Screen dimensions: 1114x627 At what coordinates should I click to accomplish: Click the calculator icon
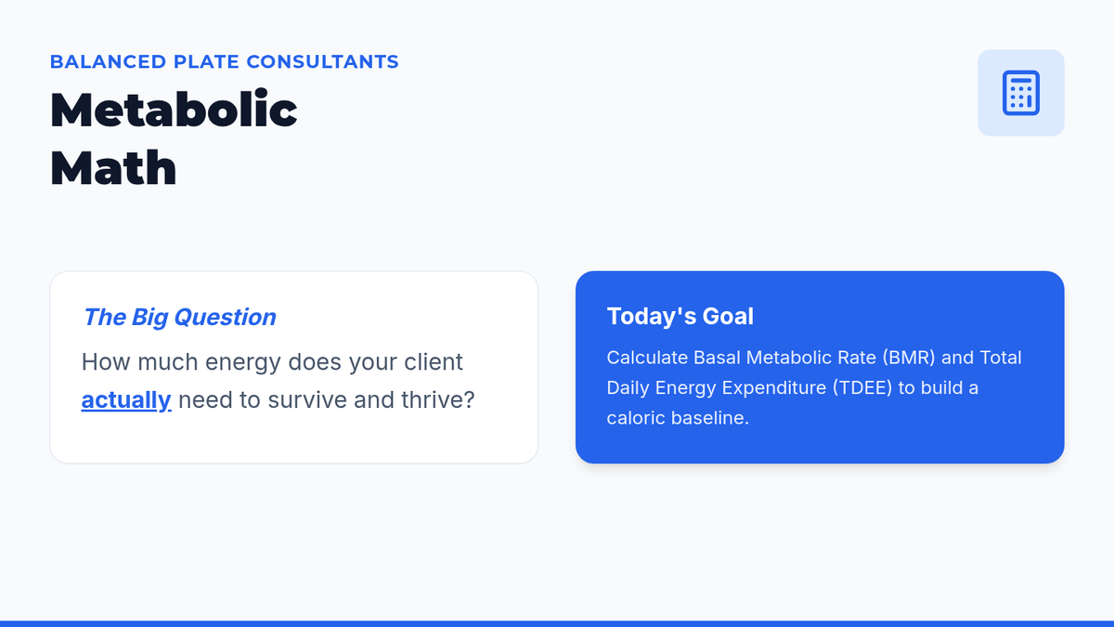pyautogui.click(x=1020, y=93)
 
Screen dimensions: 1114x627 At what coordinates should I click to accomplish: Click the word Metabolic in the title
pyautogui.click(x=174, y=110)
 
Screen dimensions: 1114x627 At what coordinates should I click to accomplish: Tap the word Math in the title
pyautogui.click(x=113, y=168)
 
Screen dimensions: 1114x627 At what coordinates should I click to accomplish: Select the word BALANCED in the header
pyautogui.click(x=109, y=61)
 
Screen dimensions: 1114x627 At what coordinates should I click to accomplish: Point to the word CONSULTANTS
pyautogui.click(x=323, y=61)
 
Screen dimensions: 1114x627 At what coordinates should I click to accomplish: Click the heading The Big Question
pyautogui.click(x=179, y=317)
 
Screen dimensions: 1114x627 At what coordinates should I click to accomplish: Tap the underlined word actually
pyautogui.click(x=126, y=400)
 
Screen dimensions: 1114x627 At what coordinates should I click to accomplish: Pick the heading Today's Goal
pyautogui.click(x=680, y=316)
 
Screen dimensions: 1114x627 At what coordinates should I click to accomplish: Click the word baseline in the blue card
pyautogui.click(x=709, y=417)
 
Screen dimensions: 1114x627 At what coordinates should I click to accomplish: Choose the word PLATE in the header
pyautogui.click(x=206, y=61)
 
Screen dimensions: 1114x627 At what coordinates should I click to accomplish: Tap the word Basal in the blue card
pyautogui.click(x=717, y=358)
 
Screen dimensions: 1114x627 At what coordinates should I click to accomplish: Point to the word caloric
pyautogui.click(x=636, y=417)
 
